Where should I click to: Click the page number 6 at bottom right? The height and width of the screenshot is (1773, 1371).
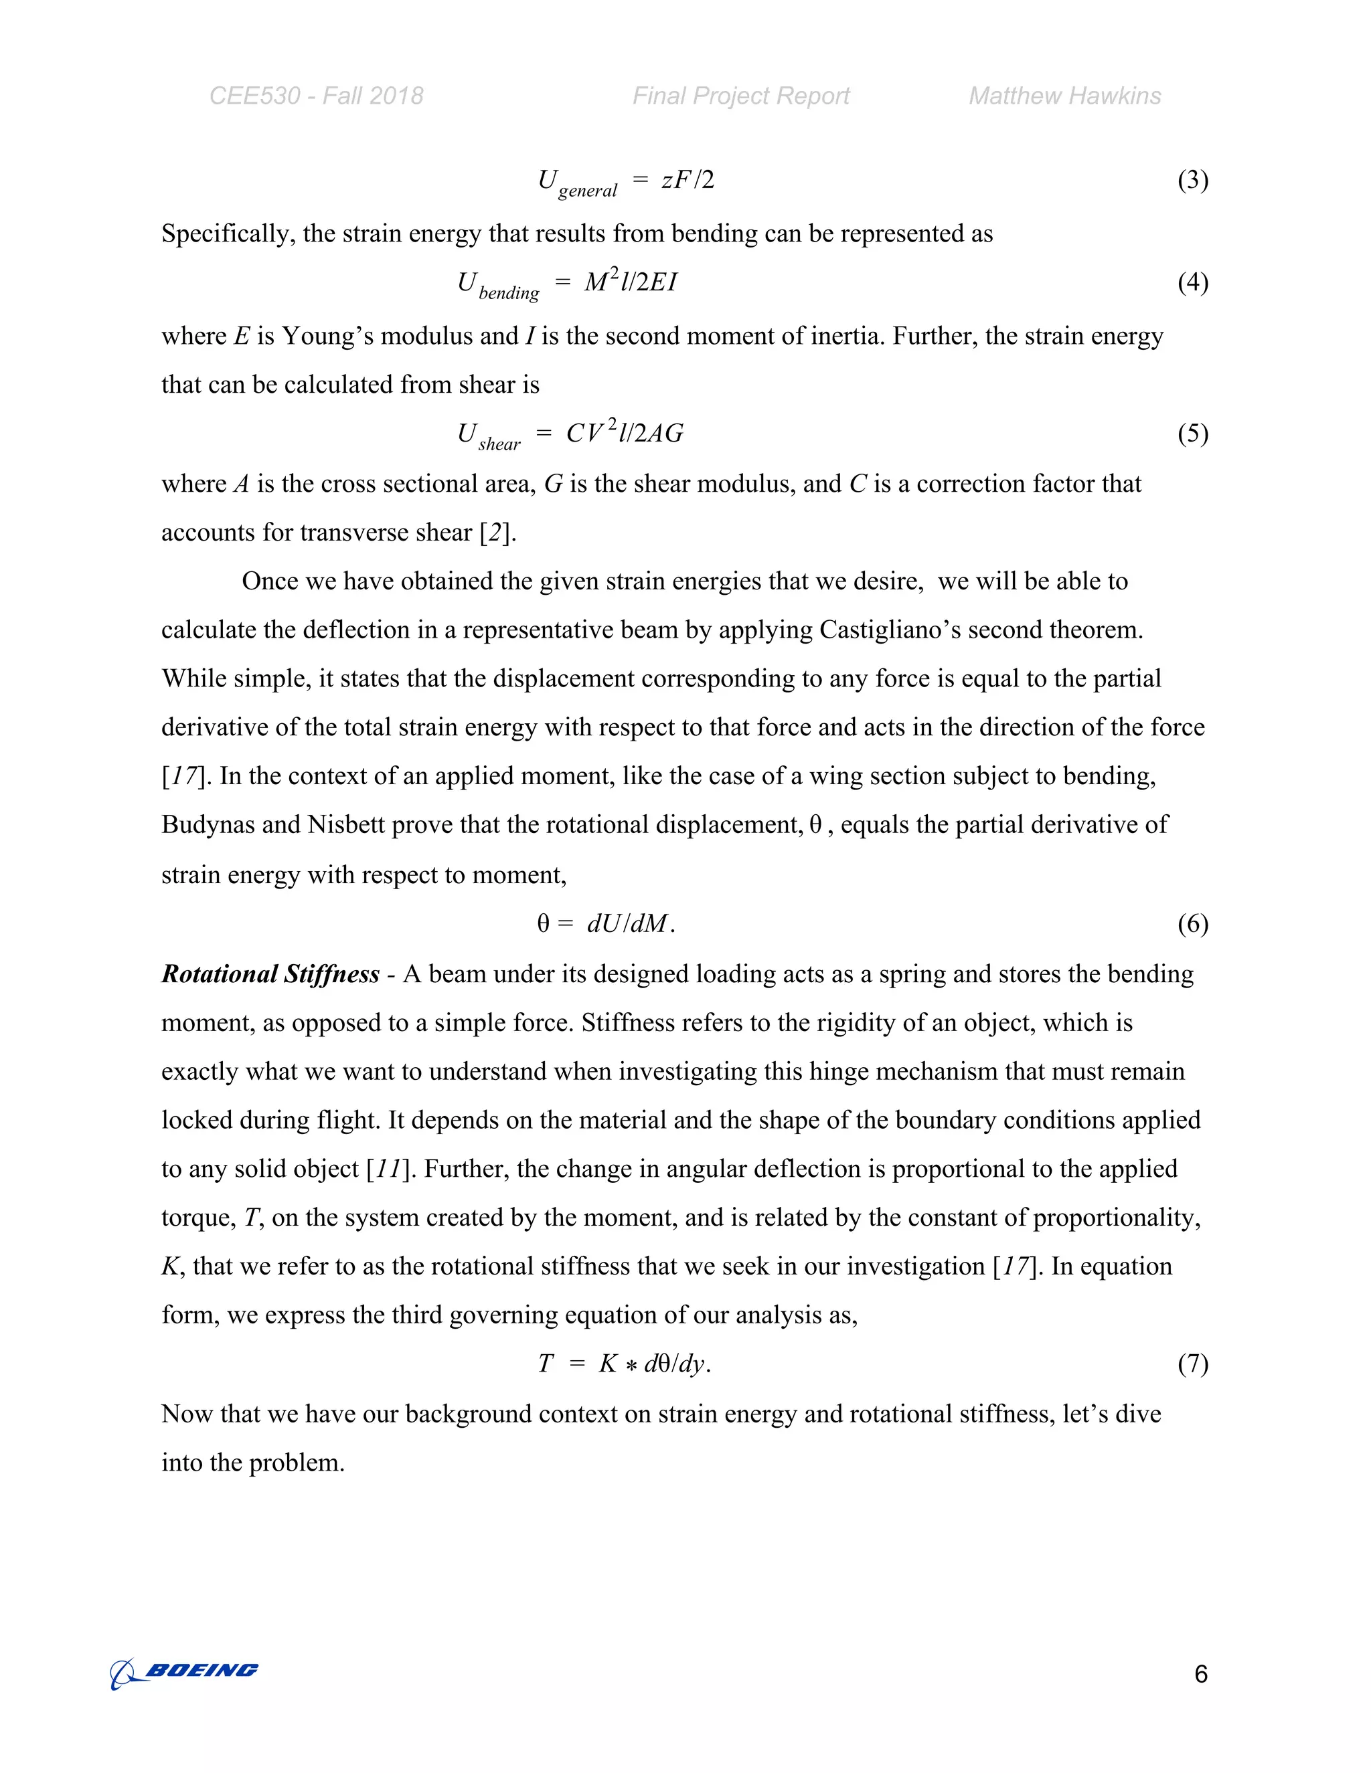tap(1200, 1674)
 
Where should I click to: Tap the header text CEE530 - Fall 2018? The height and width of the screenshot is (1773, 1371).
tap(316, 96)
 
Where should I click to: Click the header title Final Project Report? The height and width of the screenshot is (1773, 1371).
tap(741, 96)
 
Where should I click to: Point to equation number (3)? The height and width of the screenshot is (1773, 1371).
tap(1192, 179)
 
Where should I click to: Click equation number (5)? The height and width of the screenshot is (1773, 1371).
tap(1192, 434)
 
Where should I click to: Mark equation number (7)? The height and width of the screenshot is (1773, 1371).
tap(1192, 1363)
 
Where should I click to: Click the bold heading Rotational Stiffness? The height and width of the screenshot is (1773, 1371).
tap(270, 974)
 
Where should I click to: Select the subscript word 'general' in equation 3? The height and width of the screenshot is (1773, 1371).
tap(587, 191)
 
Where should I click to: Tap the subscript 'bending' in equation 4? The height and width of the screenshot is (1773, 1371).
tap(509, 293)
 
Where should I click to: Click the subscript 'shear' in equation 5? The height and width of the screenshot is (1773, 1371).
tap(499, 444)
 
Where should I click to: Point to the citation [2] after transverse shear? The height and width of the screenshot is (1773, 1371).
tap(495, 533)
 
